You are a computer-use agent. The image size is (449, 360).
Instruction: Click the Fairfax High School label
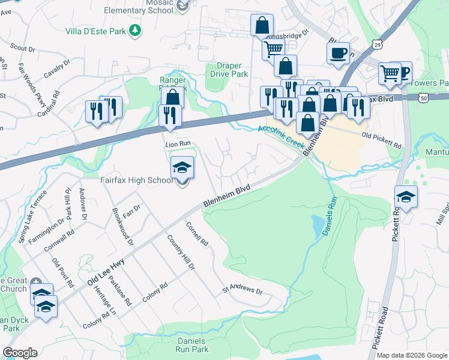pyautogui.click(x=136, y=180)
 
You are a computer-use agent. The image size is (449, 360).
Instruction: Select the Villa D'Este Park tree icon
pyautogui.click(x=136, y=29)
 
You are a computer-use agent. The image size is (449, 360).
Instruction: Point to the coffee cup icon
pyautogui.click(x=338, y=53)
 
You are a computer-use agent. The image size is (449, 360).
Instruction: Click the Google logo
pyautogui.click(x=20, y=353)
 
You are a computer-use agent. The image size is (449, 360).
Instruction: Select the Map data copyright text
pyautogui.click(x=412, y=355)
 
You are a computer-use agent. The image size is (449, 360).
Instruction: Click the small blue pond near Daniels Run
pyautogui.click(x=316, y=226)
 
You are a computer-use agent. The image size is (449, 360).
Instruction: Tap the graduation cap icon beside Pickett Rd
pyautogui.click(x=406, y=197)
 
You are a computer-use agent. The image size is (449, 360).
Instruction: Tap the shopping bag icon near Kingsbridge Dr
pyautogui.click(x=262, y=26)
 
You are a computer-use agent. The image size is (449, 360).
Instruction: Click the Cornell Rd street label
pyautogui.click(x=197, y=235)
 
